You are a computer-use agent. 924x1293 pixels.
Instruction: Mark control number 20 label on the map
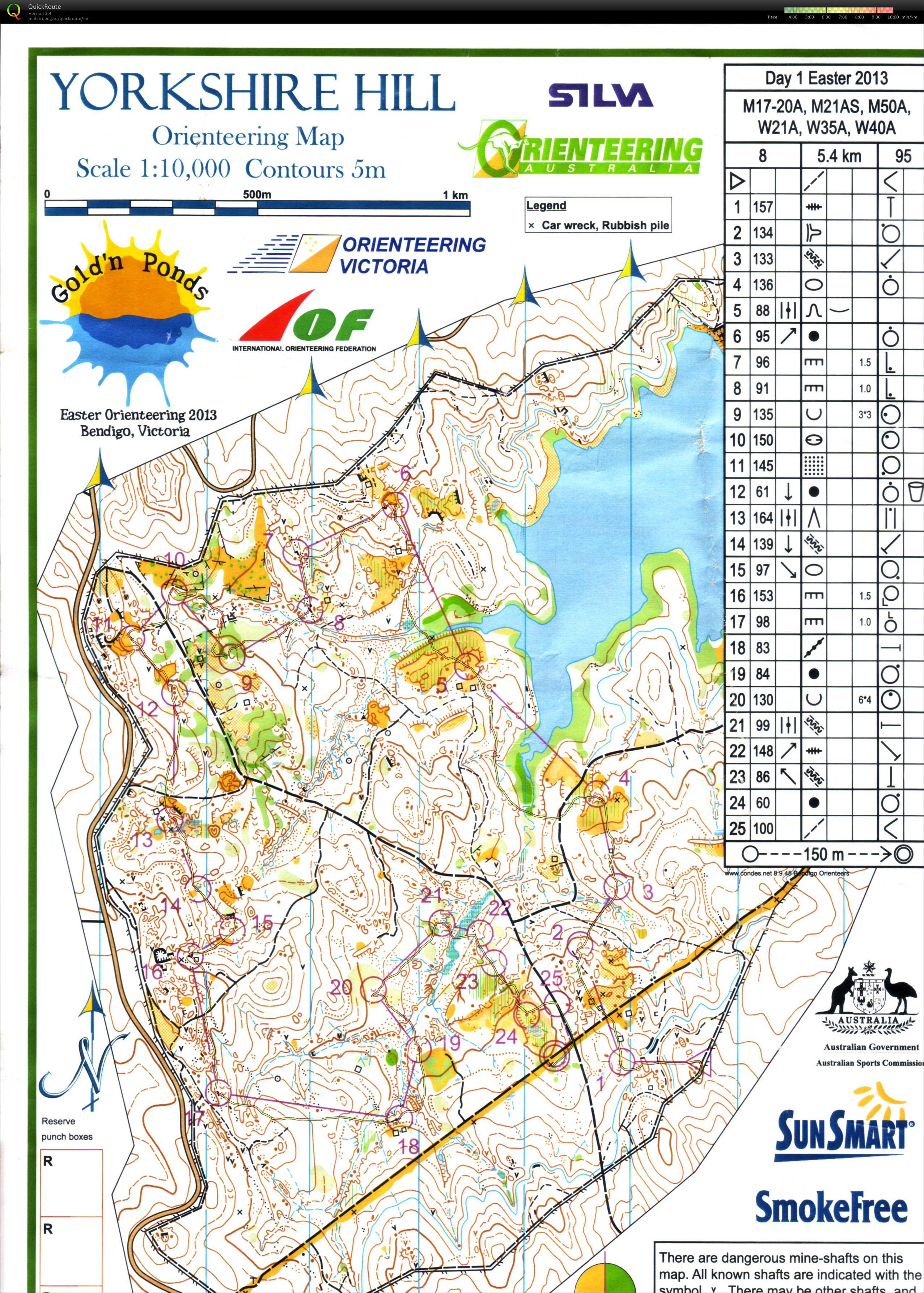(x=342, y=987)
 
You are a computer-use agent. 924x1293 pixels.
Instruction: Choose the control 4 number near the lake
(x=624, y=778)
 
